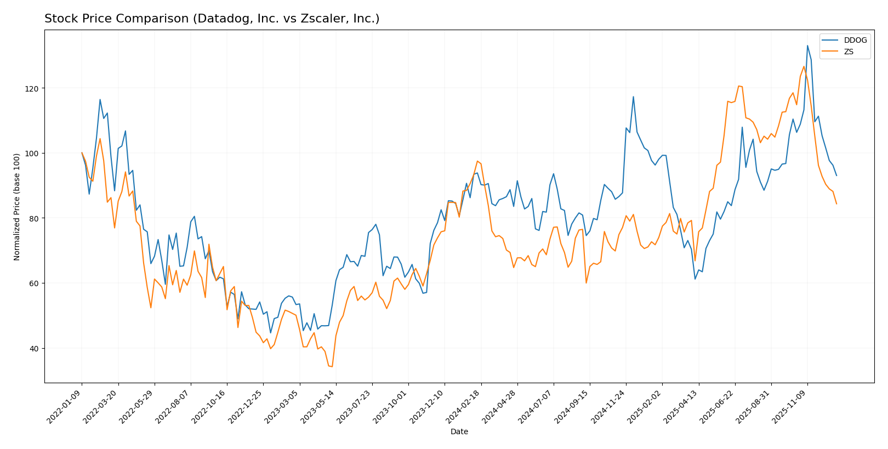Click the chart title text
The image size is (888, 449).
212,19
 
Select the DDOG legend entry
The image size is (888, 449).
855,40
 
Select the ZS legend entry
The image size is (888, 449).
849,52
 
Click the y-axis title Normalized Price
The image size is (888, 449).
17,207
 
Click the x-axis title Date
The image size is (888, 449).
459,431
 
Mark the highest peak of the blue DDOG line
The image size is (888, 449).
807,46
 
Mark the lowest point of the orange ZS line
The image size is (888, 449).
332,366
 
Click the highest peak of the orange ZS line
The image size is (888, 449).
804,66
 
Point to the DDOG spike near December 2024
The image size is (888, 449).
633,96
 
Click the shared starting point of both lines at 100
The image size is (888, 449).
82,153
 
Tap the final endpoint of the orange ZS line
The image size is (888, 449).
836,204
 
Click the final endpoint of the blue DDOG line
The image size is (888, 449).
836,175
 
